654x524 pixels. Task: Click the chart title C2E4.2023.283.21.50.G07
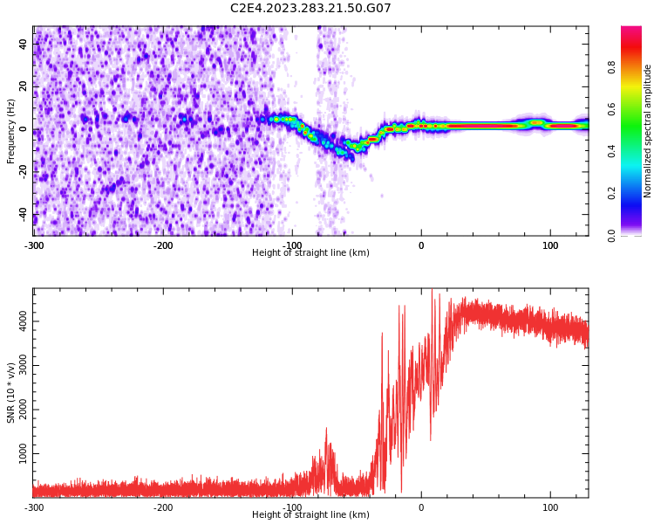pos(310,8)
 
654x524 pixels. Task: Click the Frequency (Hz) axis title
pos(11,131)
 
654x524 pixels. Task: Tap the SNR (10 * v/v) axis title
pos(11,393)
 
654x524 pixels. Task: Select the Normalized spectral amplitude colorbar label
pos(648,131)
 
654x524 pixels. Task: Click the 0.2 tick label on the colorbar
pos(636,193)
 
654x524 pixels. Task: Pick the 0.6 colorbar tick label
pos(636,109)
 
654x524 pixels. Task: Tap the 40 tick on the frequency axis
pos(24,44)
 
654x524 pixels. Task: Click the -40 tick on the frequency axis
pos(22,214)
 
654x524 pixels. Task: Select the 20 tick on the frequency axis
pos(24,86)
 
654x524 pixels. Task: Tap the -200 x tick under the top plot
pos(163,245)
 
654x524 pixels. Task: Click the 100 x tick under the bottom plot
pos(550,507)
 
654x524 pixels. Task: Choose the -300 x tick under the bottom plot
pos(33,507)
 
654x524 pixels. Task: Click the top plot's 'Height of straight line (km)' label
pos(310,253)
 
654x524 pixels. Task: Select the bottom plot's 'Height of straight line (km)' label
pos(310,515)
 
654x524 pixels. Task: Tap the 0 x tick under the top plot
pos(421,245)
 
